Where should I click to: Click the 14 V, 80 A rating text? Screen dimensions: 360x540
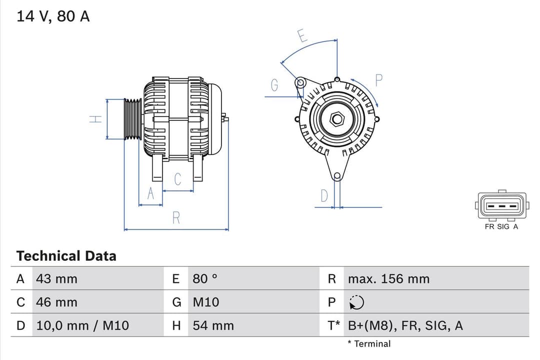(53, 16)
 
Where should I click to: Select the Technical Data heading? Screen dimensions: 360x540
(66, 256)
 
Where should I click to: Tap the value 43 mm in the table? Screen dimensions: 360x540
(56, 279)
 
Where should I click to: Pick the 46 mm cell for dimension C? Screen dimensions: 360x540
(56, 302)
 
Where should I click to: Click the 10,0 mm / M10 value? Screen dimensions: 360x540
(82, 325)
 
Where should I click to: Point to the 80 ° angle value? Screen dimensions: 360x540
(205, 279)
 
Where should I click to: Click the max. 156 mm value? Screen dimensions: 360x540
(388, 279)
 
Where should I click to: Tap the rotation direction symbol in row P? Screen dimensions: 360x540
(356, 302)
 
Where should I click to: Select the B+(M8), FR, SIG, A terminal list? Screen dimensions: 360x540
(405, 325)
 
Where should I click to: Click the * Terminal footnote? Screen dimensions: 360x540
(369, 343)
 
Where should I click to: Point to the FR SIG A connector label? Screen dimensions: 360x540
(501, 226)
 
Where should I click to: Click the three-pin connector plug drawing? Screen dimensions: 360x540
(501, 205)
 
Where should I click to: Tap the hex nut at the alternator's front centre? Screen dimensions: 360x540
(337, 119)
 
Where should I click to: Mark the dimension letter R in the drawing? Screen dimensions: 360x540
(176, 218)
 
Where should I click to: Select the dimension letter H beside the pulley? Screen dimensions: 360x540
(95, 119)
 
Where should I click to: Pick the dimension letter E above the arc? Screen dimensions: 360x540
(302, 36)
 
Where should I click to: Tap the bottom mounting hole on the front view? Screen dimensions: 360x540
(337, 176)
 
